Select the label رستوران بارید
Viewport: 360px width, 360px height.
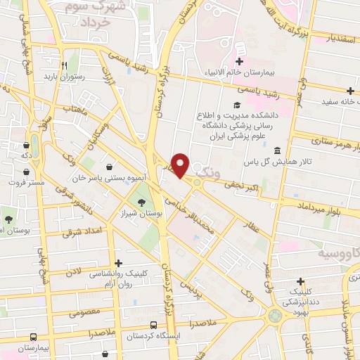tap(64, 76)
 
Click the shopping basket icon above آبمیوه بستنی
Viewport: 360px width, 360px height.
tap(110, 167)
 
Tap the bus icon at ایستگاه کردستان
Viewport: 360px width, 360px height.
tap(154, 324)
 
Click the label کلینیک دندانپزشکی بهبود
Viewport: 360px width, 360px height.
tap(300, 299)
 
